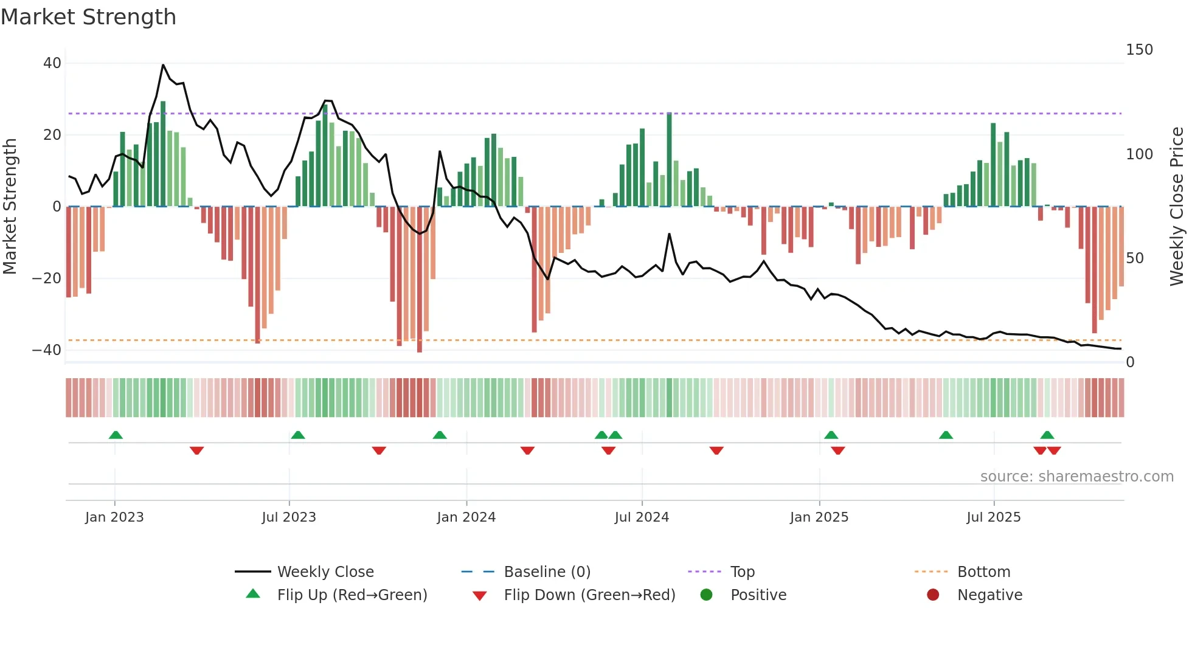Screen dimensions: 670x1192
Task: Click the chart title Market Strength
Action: pos(88,17)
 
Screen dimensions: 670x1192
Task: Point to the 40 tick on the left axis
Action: pos(52,63)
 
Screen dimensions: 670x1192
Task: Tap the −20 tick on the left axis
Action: pos(47,278)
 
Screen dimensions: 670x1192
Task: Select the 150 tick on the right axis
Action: pos(1139,50)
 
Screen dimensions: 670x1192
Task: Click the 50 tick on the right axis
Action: pos(1135,258)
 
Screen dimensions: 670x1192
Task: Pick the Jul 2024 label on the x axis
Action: pos(642,517)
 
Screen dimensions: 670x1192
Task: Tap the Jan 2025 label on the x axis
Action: pos(819,517)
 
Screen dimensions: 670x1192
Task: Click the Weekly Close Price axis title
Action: pos(1177,207)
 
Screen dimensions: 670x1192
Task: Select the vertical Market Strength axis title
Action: pos(10,207)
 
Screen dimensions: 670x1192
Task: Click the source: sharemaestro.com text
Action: pos(1076,477)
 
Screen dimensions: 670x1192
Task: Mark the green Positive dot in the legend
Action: pos(706,595)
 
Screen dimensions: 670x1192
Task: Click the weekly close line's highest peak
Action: pos(163,65)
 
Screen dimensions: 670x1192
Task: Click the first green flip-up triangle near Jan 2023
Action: pos(116,435)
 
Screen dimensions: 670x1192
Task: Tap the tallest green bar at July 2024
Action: pos(669,159)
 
